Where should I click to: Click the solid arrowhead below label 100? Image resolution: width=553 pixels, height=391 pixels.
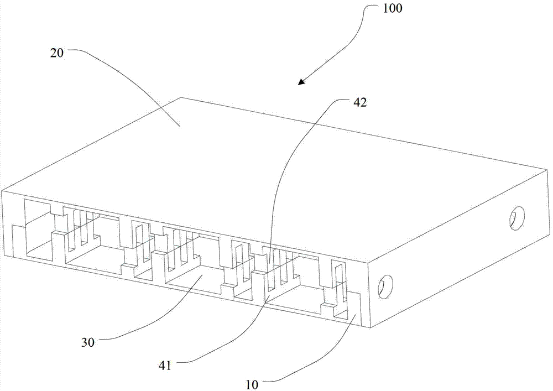pos(301,82)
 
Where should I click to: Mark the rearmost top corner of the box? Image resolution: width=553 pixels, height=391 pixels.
pos(181,97)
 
